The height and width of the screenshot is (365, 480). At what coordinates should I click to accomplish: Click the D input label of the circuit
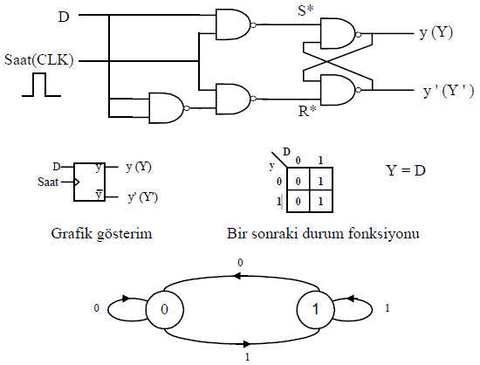click(64, 17)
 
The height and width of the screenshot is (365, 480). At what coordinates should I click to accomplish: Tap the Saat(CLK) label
click(39, 59)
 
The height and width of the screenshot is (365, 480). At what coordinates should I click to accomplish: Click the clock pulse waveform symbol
click(41, 85)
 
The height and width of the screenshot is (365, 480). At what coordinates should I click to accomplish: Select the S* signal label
click(305, 10)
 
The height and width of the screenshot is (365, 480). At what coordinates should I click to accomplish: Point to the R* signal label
click(307, 111)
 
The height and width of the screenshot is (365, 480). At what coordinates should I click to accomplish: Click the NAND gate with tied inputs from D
click(169, 107)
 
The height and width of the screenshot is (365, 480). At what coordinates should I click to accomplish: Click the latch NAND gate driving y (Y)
click(340, 33)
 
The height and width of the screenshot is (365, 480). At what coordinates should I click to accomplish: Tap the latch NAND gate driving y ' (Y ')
click(340, 90)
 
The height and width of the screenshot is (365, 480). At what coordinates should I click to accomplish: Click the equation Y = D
click(405, 170)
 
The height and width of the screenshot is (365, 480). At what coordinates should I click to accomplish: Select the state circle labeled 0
click(164, 309)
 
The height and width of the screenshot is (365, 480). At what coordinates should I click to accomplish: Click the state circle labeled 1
click(316, 309)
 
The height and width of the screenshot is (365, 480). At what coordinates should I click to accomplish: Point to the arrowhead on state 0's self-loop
click(126, 299)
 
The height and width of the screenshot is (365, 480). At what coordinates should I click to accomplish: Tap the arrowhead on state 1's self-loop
click(352, 299)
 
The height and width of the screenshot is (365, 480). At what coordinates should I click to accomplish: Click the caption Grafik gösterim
click(101, 234)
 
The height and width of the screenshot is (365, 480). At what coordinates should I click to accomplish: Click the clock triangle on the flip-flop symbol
click(77, 182)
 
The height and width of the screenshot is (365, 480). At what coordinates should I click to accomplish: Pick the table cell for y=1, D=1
click(321, 201)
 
